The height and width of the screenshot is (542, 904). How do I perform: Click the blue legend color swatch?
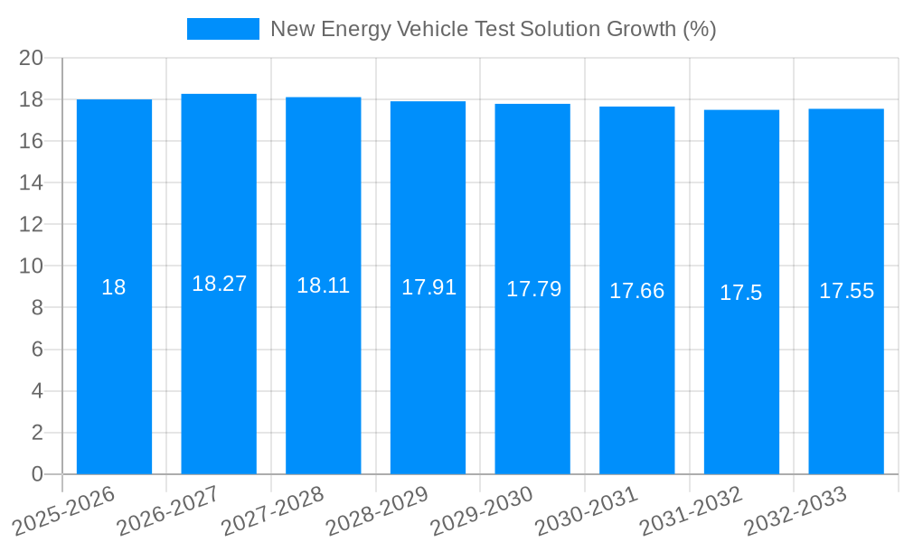(222, 29)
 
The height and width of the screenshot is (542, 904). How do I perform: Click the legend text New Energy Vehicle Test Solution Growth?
(493, 29)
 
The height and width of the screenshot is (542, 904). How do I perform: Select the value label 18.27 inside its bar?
(219, 284)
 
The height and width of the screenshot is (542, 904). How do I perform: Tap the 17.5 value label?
(741, 293)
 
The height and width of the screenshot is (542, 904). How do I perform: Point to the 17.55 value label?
(846, 291)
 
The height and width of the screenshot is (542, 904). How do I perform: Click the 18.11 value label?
(323, 285)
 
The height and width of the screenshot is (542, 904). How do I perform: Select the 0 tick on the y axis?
(37, 474)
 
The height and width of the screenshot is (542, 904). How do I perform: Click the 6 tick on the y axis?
(37, 350)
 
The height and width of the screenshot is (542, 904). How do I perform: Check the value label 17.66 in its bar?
(636, 291)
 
